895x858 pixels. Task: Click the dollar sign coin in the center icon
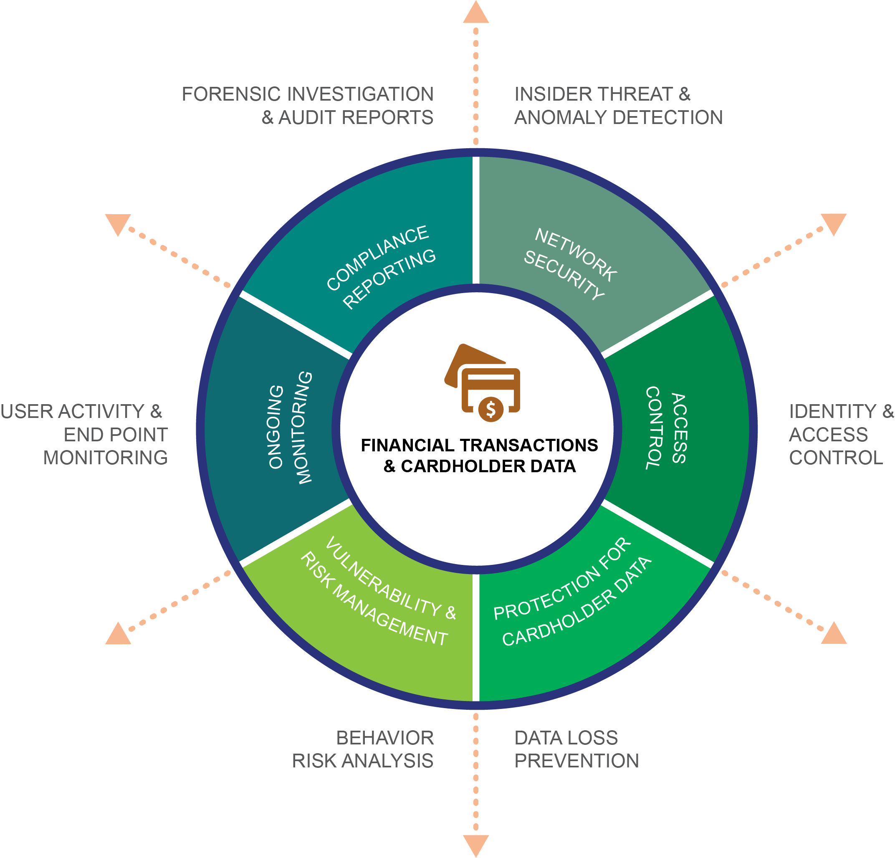(491, 409)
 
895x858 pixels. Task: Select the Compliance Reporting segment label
(381, 267)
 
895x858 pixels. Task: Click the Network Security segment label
(570, 264)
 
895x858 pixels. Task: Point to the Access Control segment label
(666, 428)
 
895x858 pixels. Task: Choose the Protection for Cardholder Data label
(573, 593)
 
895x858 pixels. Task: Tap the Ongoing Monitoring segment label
(290, 428)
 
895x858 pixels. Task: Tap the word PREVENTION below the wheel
(576, 761)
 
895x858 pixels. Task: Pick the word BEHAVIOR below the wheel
(385, 738)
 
